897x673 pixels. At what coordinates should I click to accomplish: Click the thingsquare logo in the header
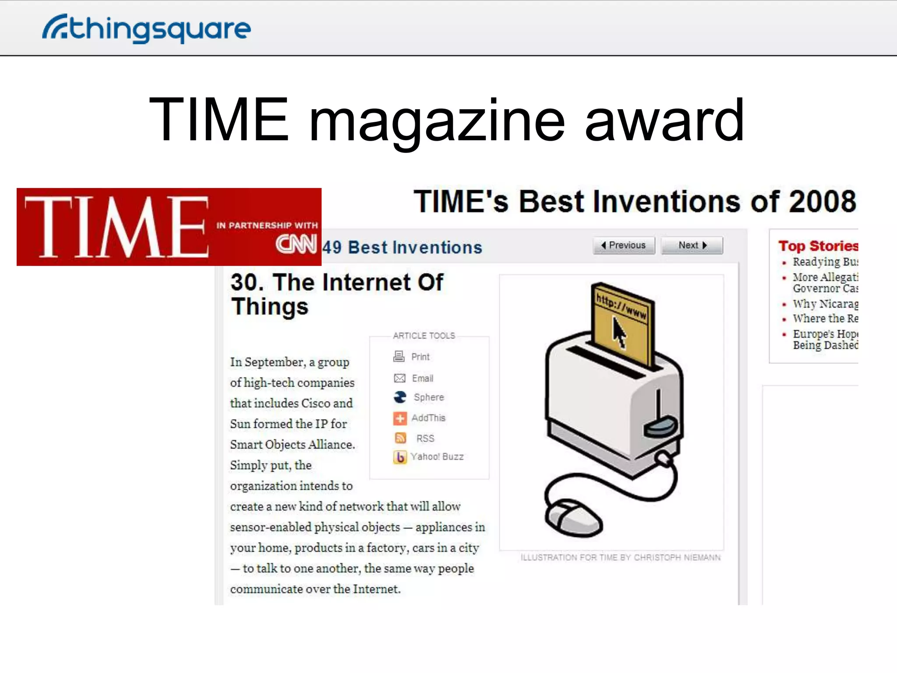(x=147, y=28)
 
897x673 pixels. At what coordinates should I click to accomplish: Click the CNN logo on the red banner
(x=296, y=244)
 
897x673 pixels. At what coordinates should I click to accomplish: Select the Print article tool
(x=420, y=357)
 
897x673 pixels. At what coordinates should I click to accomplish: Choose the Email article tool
(x=422, y=378)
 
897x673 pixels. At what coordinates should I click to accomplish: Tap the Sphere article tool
(x=428, y=397)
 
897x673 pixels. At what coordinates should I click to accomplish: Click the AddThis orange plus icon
(x=399, y=418)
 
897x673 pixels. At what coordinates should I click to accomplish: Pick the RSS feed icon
(x=400, y=438)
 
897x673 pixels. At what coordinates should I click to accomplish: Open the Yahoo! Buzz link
(x=437, y=457)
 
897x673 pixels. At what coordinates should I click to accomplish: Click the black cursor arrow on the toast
(x=619, y=332)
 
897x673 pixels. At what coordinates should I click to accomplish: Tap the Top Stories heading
(x=818, y=246)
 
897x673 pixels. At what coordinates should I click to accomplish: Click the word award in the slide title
(x=664, y=120)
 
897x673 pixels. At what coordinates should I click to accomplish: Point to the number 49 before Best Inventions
(x=332, y=248)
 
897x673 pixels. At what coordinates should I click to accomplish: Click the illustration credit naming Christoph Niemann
(x=620, y=557)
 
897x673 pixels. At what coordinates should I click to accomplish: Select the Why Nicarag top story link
(x=825, y=304)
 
